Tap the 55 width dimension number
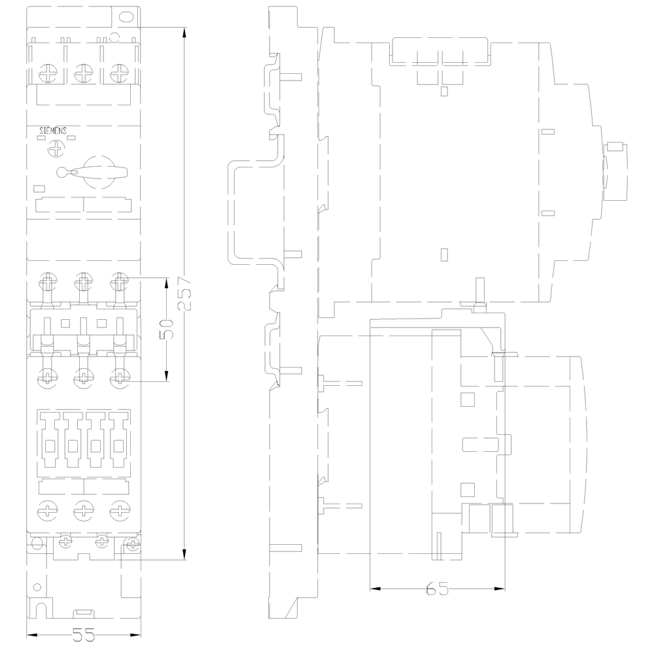84,634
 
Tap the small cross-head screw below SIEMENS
54,150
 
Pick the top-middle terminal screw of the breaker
83,73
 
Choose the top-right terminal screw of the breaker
118,73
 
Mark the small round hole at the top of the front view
114,37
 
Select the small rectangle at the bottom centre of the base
84,613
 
